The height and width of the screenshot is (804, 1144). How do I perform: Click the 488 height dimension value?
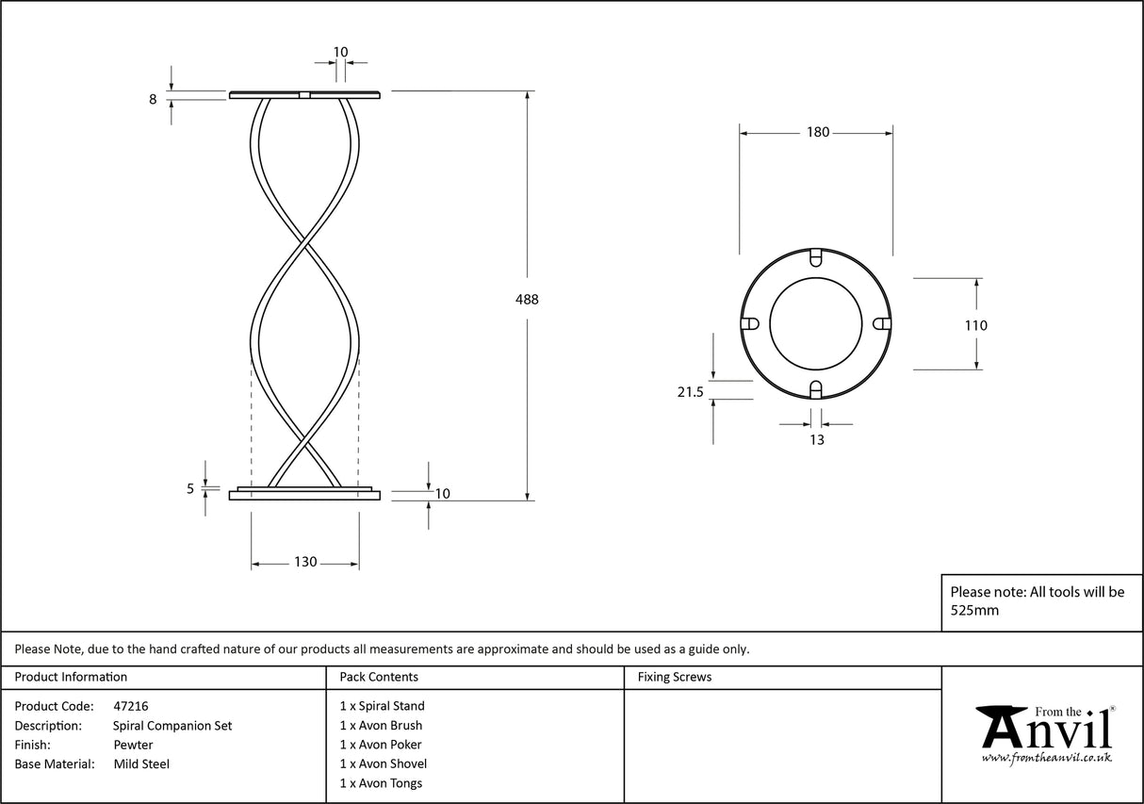coord(527,300)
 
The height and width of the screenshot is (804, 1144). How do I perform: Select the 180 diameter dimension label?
coord(817,133)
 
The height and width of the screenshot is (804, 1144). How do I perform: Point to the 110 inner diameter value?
coord(976,326)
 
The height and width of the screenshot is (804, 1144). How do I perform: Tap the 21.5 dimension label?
coord(691,393)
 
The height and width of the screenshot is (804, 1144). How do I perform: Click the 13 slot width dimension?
coord(816,440)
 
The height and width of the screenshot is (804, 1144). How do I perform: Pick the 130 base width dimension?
coord(305,563)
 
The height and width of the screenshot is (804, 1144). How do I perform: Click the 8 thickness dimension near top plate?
coord(153,97)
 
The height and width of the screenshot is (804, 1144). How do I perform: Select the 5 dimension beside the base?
coord(190,488)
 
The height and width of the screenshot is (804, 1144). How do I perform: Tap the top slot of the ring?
coord(817,256)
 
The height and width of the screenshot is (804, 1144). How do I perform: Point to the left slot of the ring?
coord(751,323)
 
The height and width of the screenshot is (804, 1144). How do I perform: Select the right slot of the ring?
coord(882,323)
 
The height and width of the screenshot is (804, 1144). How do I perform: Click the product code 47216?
coord(130,706)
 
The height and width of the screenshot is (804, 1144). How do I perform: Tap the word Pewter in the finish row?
coord(133,745)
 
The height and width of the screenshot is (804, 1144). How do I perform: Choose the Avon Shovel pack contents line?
coord(383,764)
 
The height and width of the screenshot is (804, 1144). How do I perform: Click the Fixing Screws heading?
coord(674,677)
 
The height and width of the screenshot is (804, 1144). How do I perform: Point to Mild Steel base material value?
coord(141,764)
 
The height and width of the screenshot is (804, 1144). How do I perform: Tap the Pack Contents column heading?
coord(379,677)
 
